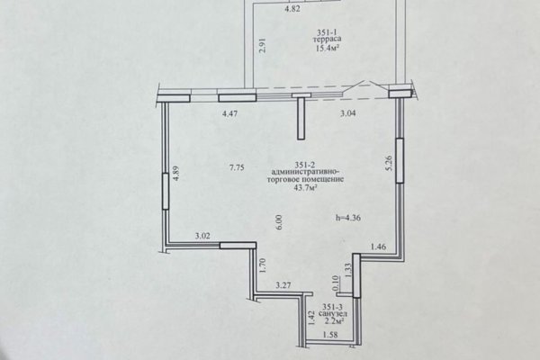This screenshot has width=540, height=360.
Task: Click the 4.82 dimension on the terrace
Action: pyautogui.click(x=292, y=9)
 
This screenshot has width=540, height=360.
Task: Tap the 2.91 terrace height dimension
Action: pyautogui.click(x=262, y=45)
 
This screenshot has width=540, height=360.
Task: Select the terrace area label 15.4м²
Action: pyautogui.click(x=326, y=47)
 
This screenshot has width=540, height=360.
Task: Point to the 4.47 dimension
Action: pyautogui.click(x=229, y=113)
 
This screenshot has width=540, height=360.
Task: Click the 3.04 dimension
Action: pyautogui.click(x=347, y=113)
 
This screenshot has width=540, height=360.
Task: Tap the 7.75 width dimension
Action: pyautogui.click(x=237, y=167)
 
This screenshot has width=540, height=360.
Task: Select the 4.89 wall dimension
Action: pyautogui.click(x=175, y=174)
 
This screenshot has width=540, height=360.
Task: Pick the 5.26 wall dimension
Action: pyautogui.click(x=389, y=163)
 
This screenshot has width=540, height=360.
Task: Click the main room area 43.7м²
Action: pyautogui.click(x=305, y=187)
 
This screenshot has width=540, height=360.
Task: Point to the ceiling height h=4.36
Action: pyautogui.click(x=348, y=218)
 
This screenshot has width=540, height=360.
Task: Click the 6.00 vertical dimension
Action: pyautogui.click(x=279, y=222)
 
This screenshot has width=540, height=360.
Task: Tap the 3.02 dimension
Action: pyautogui.click(x=202, y=236)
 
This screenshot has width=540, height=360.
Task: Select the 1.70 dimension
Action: pyautogui.click(x=263, y=265)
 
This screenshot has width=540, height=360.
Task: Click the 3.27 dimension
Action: pyautogui.click(x=283, y=285)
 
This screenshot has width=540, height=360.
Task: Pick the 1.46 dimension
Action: pyautogui.click(x=378, y=247)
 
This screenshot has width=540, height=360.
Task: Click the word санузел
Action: pyautogui.click(x=333, y=314)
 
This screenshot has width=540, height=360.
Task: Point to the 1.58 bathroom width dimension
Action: pyautogui.click(x=329, y=335)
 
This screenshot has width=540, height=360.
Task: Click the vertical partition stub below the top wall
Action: pyautogui.click(x=301, y=118)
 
